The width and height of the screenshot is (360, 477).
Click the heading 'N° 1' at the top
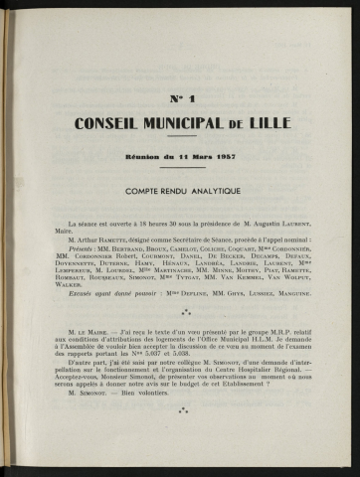[181, 99]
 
